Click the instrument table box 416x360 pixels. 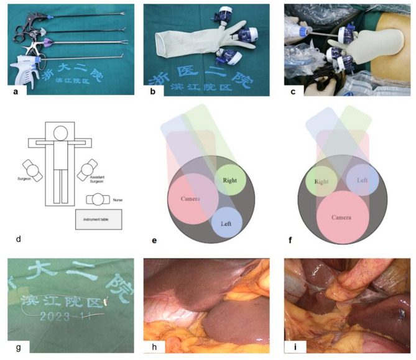coord(98,219)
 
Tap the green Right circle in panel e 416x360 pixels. coord(231,181)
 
